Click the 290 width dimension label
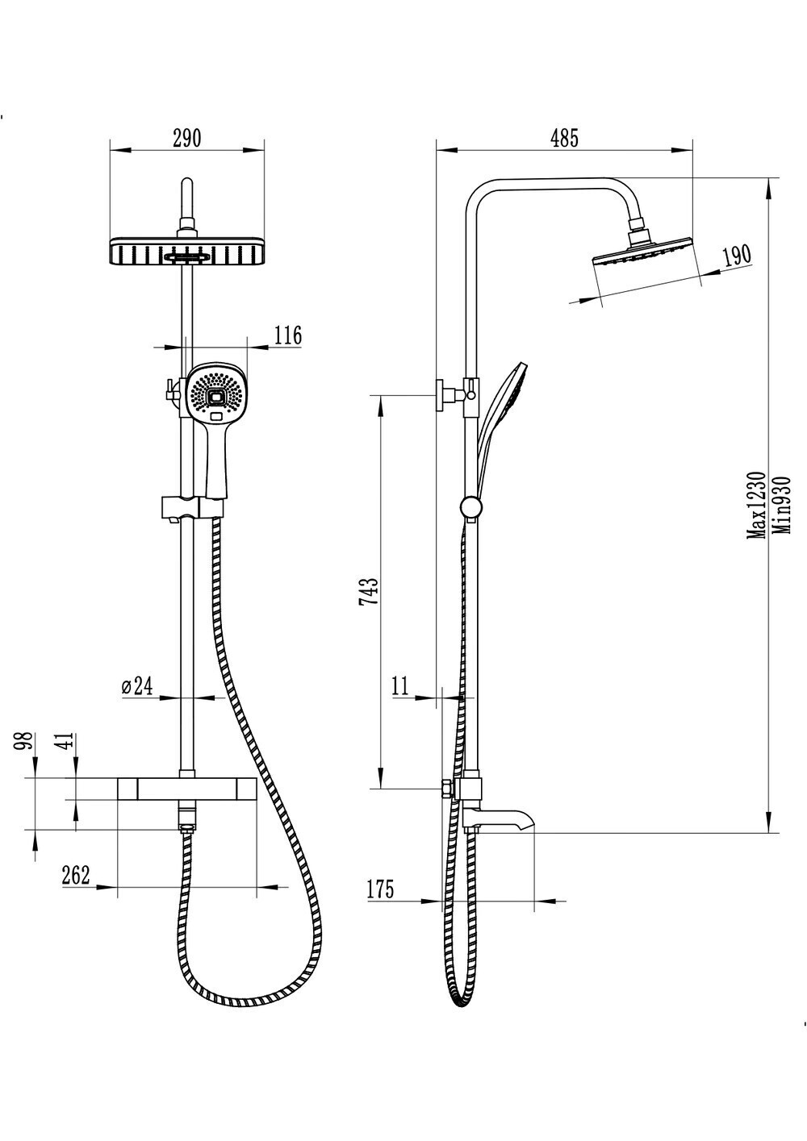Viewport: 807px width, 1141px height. tap(187, 139)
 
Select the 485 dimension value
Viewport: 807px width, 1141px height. tap(564, 139)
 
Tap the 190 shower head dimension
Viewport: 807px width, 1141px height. tap(737, 255)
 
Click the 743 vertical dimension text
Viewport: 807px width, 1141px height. tap(369, 591)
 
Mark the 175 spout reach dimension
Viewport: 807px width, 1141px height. tap(380, 889)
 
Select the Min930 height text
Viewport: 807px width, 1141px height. tap(781, 505)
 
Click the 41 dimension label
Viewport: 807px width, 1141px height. tap(68, 739)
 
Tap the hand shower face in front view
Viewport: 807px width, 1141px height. tap(217, 391)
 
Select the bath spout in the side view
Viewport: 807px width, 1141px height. tap(498, 820)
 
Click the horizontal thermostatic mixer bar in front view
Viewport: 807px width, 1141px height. tap(187, 789)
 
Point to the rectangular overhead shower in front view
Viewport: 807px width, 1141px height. tap(187, 251)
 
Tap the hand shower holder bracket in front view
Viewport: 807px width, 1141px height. tap(192, 506)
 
